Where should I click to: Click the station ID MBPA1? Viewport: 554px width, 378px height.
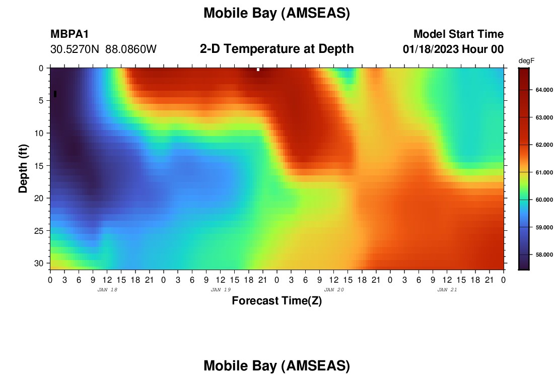click(x=70, y=34)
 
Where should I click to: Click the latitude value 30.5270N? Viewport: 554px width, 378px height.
click(x=75, y=49)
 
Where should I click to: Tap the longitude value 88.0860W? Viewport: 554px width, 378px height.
click(x=131, y=49)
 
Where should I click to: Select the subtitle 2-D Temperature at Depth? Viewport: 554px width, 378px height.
click(x=276, y=49)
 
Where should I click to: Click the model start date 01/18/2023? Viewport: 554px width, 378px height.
click(x=430, y=49)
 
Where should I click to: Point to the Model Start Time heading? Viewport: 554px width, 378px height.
click(x=459, y=34)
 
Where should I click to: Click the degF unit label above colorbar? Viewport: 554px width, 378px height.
click(x=526, y=61)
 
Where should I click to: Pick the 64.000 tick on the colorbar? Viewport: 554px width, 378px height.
click(x=544, y=90)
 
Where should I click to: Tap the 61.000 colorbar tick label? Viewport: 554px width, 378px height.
click(x=544, y=172)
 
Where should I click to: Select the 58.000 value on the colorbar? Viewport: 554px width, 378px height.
click(x=544, y=255)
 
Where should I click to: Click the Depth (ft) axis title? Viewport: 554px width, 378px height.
click(x=23, y=169)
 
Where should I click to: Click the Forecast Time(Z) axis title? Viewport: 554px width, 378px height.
click(x=276, y=301)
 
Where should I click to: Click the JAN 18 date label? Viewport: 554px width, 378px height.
click(x=107, y=290)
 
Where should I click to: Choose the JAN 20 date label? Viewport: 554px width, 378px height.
click(x=334, y=290)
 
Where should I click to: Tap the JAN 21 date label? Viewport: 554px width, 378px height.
click(x=447, y=290)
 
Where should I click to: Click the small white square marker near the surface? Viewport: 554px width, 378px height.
click(x=258, y=70)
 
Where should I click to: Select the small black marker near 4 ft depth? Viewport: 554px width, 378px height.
click(x=55, y=94)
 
